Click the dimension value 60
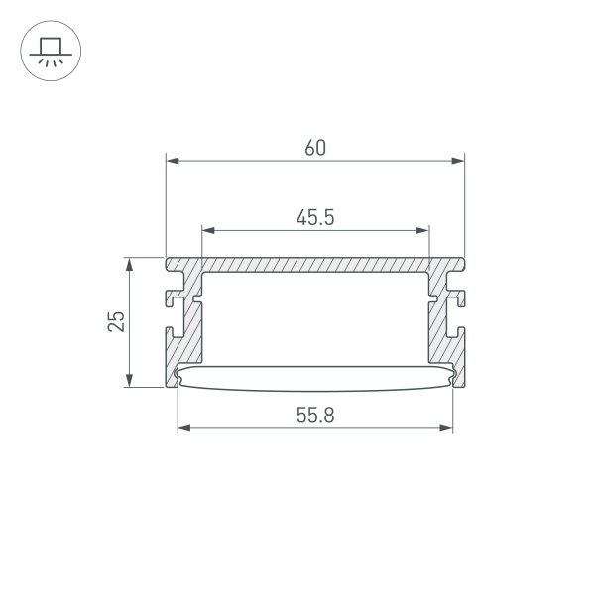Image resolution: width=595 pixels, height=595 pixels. [314, 148]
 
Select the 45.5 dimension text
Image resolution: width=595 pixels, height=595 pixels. [314, 218]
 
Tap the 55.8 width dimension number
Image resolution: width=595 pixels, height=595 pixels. [314, 417]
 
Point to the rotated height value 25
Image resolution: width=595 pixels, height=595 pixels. [117, 321]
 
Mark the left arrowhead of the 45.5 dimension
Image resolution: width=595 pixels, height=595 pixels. [207, 230]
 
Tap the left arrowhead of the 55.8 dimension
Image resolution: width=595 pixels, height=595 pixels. [182, 429]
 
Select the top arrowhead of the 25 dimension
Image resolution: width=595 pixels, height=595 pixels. [129, 264]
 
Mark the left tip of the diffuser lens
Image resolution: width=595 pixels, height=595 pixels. [178, 375]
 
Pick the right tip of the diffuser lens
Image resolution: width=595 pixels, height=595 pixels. [453, 375]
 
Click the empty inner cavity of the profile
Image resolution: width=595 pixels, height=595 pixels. [314, 317]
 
